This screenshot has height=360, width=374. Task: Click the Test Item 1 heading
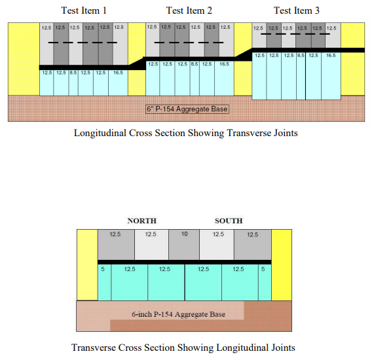point(83,10)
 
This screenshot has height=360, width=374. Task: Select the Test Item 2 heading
point(189,10)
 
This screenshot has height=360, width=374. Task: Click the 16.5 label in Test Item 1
point(118,73)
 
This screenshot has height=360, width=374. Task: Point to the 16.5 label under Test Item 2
point(224,64)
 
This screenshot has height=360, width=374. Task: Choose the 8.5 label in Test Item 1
point(73,73)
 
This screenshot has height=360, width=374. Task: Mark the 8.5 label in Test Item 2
point(195,64)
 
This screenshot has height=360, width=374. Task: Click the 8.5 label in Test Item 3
point(301,56)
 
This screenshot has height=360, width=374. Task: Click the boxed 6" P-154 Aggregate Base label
point(187,109)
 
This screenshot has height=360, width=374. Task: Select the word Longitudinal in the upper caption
point(105,133)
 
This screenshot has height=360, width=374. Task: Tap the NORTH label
point(141,221)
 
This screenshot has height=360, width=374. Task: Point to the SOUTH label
point(229,221)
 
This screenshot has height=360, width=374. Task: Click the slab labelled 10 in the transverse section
point(185,234)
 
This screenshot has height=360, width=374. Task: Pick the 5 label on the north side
point(103,268)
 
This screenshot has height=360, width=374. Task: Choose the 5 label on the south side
point(263,268)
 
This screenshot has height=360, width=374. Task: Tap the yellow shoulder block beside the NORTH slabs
point(86,265)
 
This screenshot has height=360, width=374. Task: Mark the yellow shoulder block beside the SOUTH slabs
point(282,265)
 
